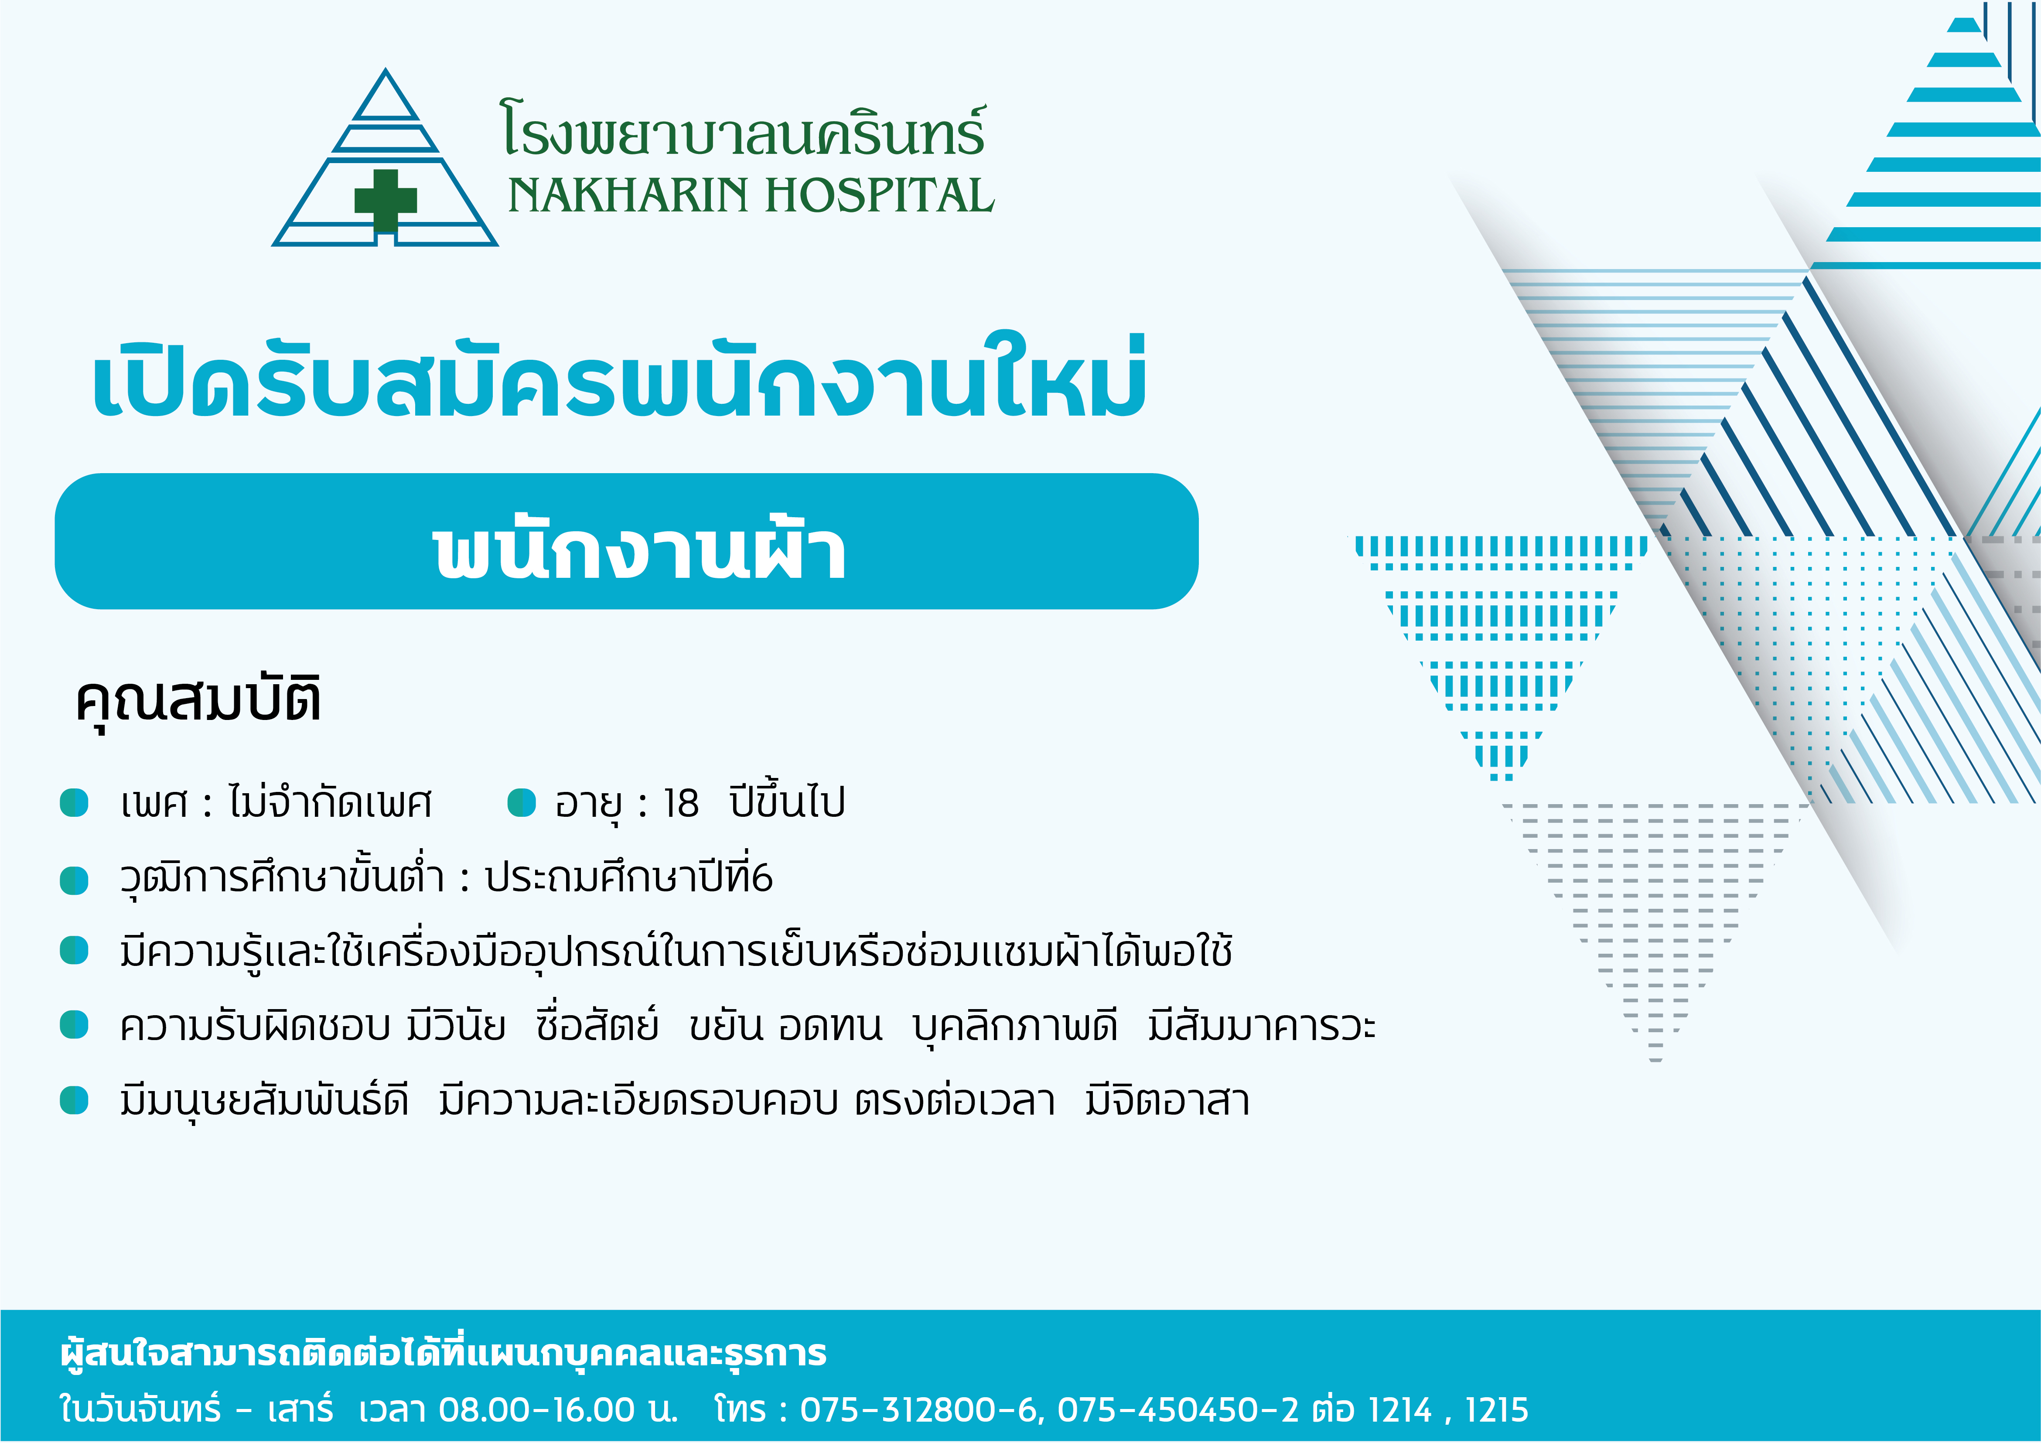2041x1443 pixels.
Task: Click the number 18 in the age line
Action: click(681, 804)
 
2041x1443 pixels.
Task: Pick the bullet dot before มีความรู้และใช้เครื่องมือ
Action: click(75, 950)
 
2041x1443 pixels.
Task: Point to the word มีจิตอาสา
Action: click(1167, 1101)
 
